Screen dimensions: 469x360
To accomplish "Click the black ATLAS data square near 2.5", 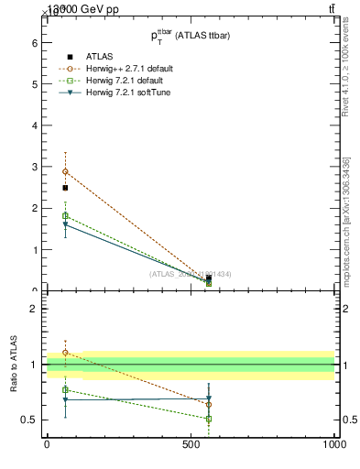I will (x=65, y=188).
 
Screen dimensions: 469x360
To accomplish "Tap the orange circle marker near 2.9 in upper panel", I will (x=65, y=171).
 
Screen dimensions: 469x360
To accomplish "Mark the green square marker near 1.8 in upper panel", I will (x=65, y=216).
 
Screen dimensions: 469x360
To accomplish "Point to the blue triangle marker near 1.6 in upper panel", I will (x=65, y=224).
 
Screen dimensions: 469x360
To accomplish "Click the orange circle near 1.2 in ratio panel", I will (x=65, y=353).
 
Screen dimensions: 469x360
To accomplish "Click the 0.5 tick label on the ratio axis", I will (x=29, y=420).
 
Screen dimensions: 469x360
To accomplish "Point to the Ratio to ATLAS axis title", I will (x=15, y=365).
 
